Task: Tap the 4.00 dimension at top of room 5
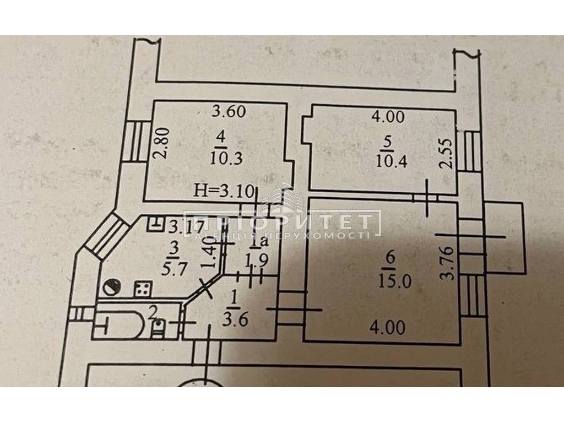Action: (388, 117)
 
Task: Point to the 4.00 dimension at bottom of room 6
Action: (388, 328)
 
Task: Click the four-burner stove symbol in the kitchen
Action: (143, 288)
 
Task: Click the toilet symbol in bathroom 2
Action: (159, 329)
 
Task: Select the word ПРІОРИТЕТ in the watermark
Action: (282, 222)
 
